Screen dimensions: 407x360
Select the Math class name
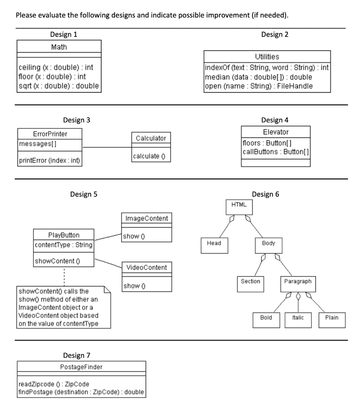[x=59, y=47]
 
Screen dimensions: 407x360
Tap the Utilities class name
[x=267, y=57]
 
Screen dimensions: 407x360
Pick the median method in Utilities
[x=258, y=77]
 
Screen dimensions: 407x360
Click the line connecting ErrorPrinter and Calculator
[x=107, y=147]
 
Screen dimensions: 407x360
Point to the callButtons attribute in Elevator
[x=276, y=151]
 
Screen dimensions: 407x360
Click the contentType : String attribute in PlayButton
[x=64, y=245]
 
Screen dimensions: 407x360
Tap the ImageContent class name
[x=146, y=219]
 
